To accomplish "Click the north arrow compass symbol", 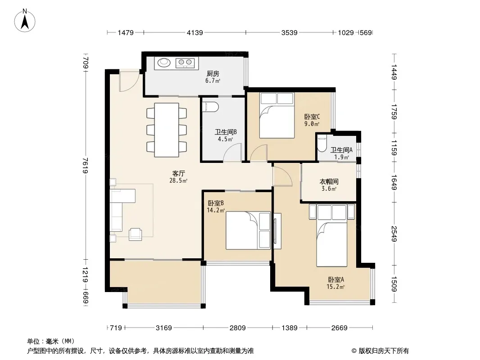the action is (x=25, y=21).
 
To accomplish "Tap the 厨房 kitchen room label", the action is (x=213, y=74).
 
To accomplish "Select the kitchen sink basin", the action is (x=164, y=63).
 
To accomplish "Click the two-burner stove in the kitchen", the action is (x=185, y=63).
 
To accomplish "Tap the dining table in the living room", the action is (x=167, y=130).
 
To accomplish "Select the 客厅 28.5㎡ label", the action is (x=178, y=177).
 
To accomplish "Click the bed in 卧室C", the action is (x=277, y=116).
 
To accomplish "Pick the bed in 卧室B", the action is (x=248, y=230).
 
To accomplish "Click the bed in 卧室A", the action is (x=332, y=235).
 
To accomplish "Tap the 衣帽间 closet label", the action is (x=329, y=182).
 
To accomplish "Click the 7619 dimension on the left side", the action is (x=86, y=165).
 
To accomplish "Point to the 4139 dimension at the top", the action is (x=195, y=32).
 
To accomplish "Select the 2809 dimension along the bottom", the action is (x=238, y=328).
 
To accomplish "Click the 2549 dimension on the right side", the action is (x=394, y=234).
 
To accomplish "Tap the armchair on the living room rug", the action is (x=135, y=234).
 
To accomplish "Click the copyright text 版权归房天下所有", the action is (x=384, y=351).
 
